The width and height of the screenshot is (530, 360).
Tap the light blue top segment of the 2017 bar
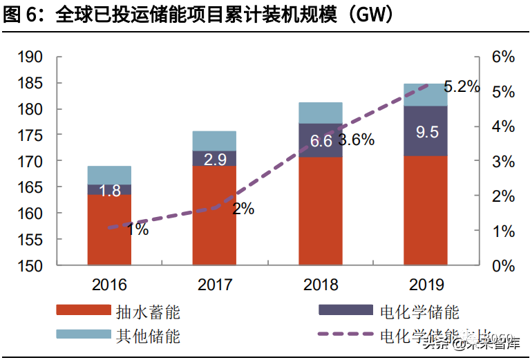(x=214, y=141)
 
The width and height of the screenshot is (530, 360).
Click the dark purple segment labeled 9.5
(x=425, y=131)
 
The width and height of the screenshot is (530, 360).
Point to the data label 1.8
(x=109, y=190)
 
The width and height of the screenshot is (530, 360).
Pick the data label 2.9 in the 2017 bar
(x=214, y=159)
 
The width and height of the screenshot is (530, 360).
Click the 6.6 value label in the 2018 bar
(x=321, y=141)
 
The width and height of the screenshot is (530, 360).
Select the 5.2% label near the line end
(x=461, y=87)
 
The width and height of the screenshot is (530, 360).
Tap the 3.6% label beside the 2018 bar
(x=356, y=140)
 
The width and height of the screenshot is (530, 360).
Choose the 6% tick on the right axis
(x=502, y=57)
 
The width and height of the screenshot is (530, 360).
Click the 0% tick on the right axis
(x=502, y=265)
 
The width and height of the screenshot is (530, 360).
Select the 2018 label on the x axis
(x=321, y=284)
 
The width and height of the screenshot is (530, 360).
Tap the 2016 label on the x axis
(x=109, y=284)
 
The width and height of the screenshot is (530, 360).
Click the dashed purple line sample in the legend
(x=346, y=337)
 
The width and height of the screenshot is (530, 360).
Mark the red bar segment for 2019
(x=425, y=210)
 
